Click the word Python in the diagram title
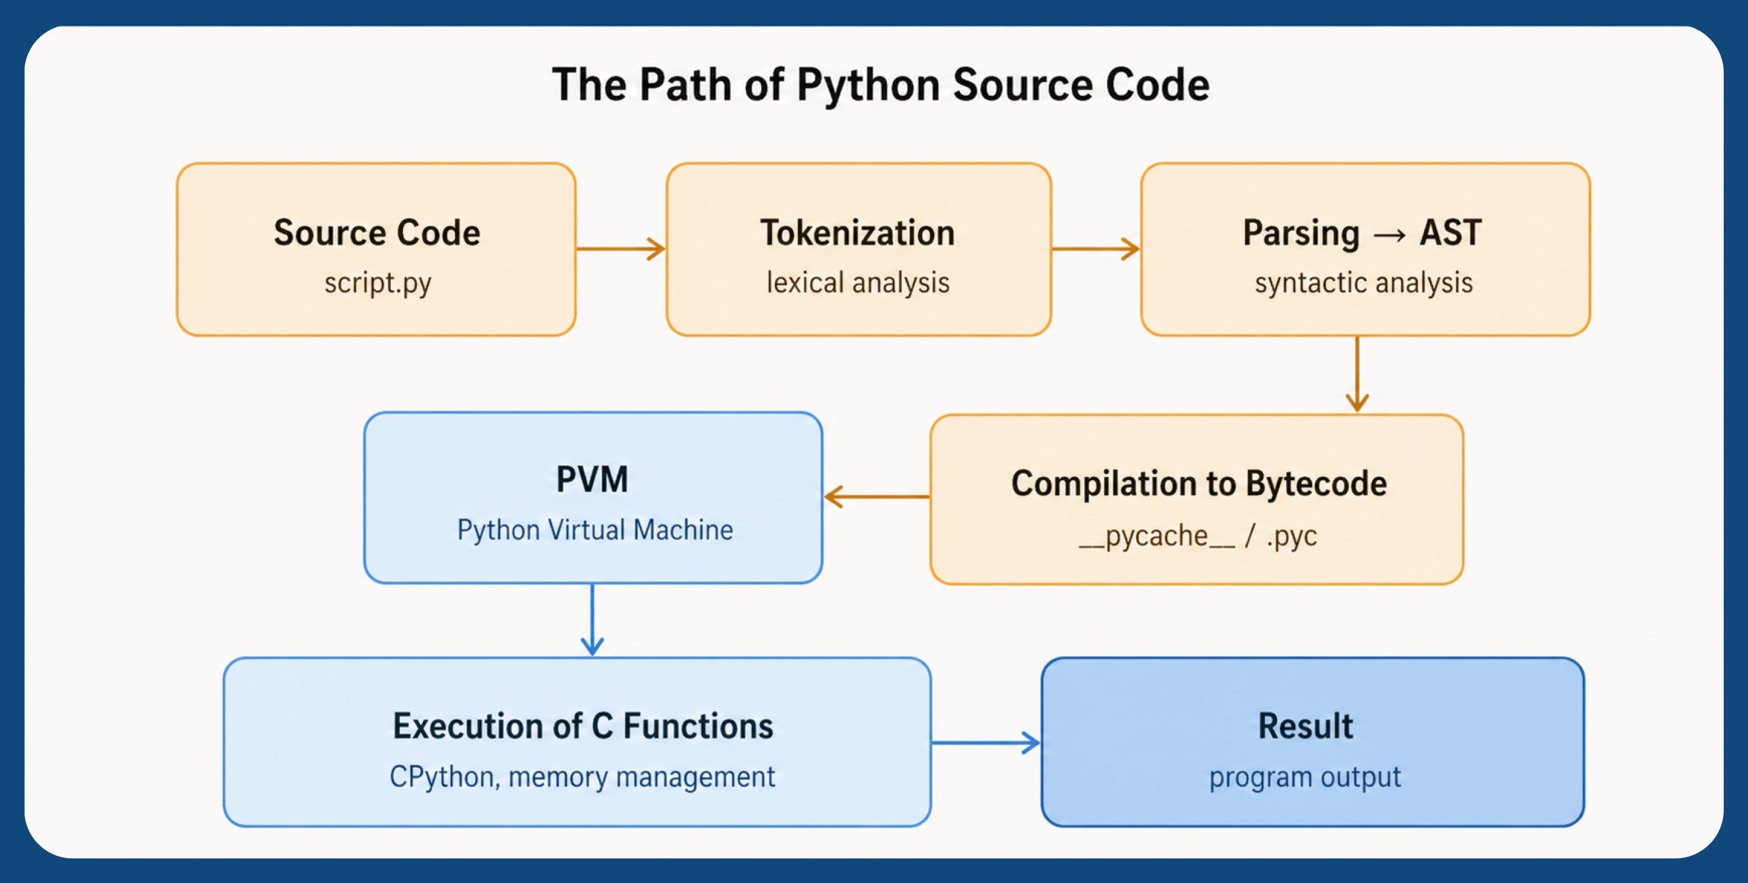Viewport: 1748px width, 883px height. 868,86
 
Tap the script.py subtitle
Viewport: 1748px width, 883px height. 378,282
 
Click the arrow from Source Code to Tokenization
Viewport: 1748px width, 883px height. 620,249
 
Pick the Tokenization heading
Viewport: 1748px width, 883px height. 857,233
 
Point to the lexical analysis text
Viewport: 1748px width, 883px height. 858,282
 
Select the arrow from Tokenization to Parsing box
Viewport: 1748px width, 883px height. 1095,249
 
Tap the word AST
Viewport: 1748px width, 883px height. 1450,233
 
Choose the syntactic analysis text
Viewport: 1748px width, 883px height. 1363,282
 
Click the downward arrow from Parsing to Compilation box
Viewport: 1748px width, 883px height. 1357,373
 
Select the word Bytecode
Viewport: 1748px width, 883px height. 1316,484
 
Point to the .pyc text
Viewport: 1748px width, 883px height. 1292,536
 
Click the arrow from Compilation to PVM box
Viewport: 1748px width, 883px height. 876,497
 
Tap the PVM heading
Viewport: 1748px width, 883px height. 592,479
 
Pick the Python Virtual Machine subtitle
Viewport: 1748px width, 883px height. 594,529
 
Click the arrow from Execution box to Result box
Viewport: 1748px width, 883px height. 984,742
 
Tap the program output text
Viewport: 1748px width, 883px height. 1304,776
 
